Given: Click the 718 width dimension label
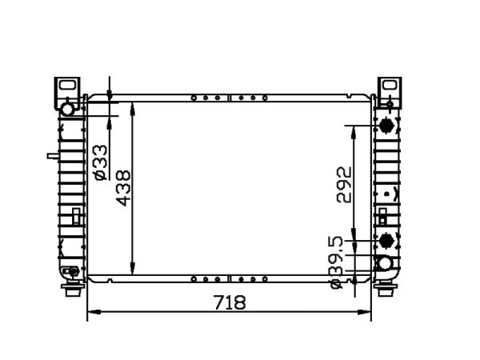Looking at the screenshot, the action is coord(230,302).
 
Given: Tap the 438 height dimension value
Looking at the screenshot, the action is coord(123,188).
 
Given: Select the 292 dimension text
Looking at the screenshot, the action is coord(344,185).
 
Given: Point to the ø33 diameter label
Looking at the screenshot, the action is coord(101,162).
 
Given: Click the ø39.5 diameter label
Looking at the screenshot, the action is coord(338,262).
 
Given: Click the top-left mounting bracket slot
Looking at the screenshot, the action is coord(67,85).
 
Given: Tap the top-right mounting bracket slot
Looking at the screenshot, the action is coord(390,85).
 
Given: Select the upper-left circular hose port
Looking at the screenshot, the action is coord(67,110).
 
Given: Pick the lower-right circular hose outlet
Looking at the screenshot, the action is coord(385,263).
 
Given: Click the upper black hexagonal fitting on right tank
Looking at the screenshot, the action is coord(386,126).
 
